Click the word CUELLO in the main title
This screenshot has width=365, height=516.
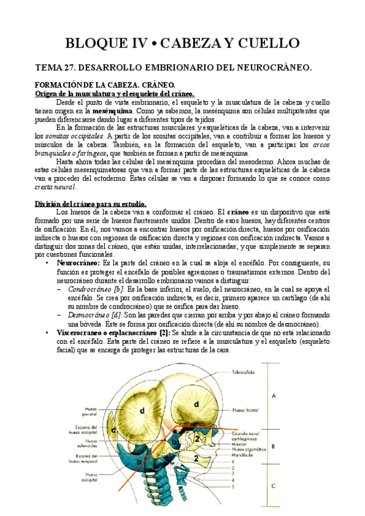[262, 43]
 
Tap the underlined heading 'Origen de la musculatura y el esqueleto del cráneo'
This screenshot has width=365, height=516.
[113, 94]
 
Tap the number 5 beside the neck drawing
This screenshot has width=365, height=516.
[233, 487]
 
